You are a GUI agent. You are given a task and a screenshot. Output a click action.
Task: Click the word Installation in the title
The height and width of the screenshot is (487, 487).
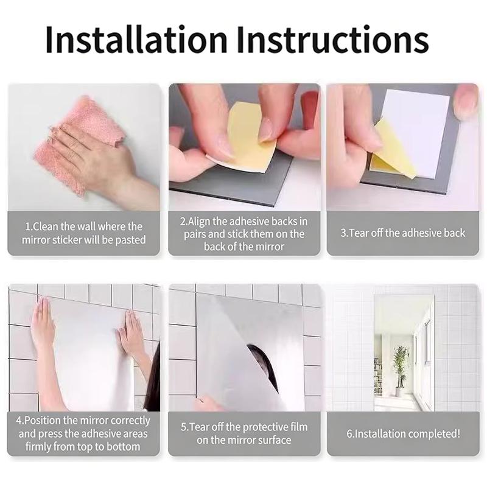pos(136,40)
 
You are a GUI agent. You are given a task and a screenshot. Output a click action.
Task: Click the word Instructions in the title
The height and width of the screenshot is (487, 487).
pos(333,40)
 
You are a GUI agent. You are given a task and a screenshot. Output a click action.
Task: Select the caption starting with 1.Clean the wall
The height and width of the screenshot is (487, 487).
pos(83,233)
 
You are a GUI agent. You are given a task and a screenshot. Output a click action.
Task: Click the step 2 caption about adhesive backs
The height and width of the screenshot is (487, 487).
pos(244,234)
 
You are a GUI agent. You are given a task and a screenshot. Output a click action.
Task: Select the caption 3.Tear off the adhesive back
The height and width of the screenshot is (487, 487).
pos(403,233)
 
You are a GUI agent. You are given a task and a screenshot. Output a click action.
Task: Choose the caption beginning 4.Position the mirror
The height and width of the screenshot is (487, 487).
pos(83,433)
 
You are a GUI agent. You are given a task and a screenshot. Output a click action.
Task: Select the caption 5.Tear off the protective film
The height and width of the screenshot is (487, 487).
pos(244,433)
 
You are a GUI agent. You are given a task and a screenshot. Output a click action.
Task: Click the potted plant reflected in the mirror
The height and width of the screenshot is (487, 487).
pos(400,370)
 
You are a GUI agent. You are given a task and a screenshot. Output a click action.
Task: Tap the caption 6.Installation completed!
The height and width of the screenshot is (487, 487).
pos(403,433)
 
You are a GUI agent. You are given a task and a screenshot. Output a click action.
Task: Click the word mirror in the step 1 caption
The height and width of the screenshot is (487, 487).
pos(35,240)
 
